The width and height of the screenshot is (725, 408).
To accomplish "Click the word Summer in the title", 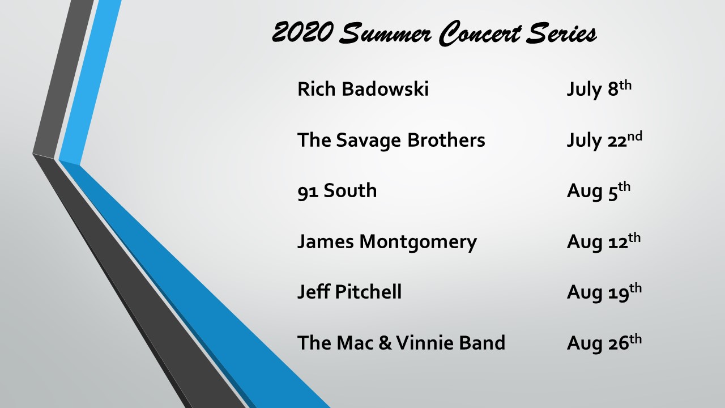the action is (385, 33).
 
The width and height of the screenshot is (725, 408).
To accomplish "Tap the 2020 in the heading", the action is (302, 32).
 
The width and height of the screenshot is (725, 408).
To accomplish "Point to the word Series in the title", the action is (561, 33).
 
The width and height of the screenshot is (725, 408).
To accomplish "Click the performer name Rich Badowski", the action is (363, 89).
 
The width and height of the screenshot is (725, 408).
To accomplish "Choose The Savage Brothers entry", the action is (391, 140).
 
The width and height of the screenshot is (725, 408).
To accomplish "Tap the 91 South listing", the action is (337, 190).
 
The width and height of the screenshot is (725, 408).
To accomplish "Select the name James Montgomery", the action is (387, 242).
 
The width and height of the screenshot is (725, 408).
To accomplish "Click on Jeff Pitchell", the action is (349, 291).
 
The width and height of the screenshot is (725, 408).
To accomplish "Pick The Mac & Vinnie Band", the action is (401, 343).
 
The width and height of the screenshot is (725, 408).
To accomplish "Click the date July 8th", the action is (599, 89).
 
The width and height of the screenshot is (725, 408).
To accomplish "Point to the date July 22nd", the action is (604, 140).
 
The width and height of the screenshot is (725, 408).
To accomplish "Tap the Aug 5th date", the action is (599, 191).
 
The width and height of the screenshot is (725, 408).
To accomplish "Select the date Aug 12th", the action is (604, 241).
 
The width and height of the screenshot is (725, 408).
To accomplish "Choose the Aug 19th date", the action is (604, 292).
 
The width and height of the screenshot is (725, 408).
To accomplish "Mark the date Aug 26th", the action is (604, 343).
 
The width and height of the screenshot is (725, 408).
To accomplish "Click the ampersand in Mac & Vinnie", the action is (385, 343).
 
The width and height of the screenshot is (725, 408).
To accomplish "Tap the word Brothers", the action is (446, 140).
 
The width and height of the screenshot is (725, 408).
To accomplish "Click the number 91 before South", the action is (308, 191).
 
